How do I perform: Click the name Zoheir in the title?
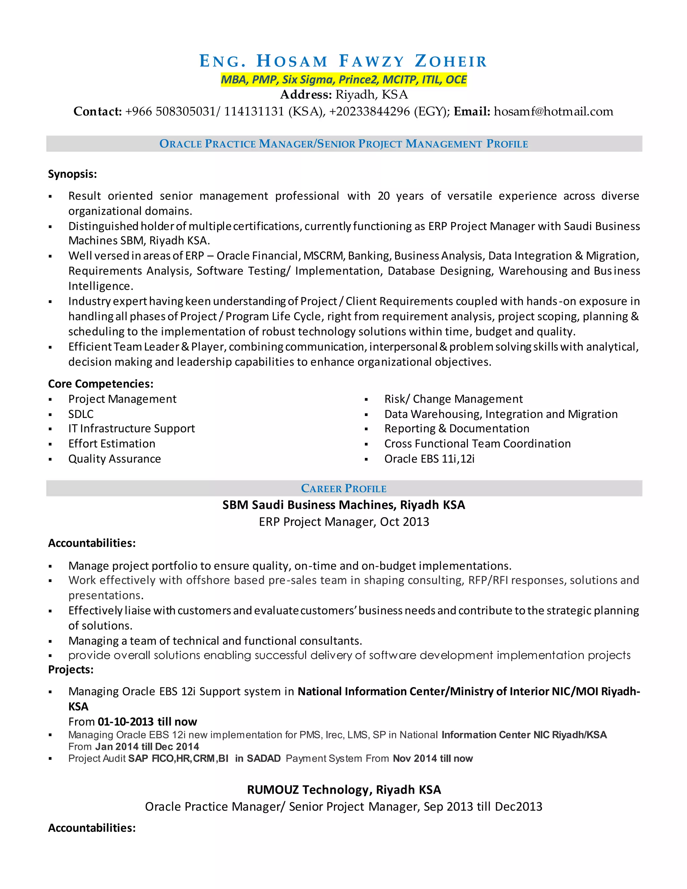point(451,61)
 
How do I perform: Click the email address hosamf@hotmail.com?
point(553,111)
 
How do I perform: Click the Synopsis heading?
point(72,174)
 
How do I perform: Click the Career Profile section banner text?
point(343,488)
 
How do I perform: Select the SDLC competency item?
point(81,414)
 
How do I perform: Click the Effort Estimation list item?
point(111,444)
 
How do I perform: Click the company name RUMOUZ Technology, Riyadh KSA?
point(343,790)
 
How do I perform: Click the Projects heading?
point(71,670)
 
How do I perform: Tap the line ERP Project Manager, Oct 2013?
point(343,522)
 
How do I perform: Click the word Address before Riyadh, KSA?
point(306,95)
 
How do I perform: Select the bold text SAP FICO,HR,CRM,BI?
point(178,759)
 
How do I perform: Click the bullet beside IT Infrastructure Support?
point(50,429)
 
